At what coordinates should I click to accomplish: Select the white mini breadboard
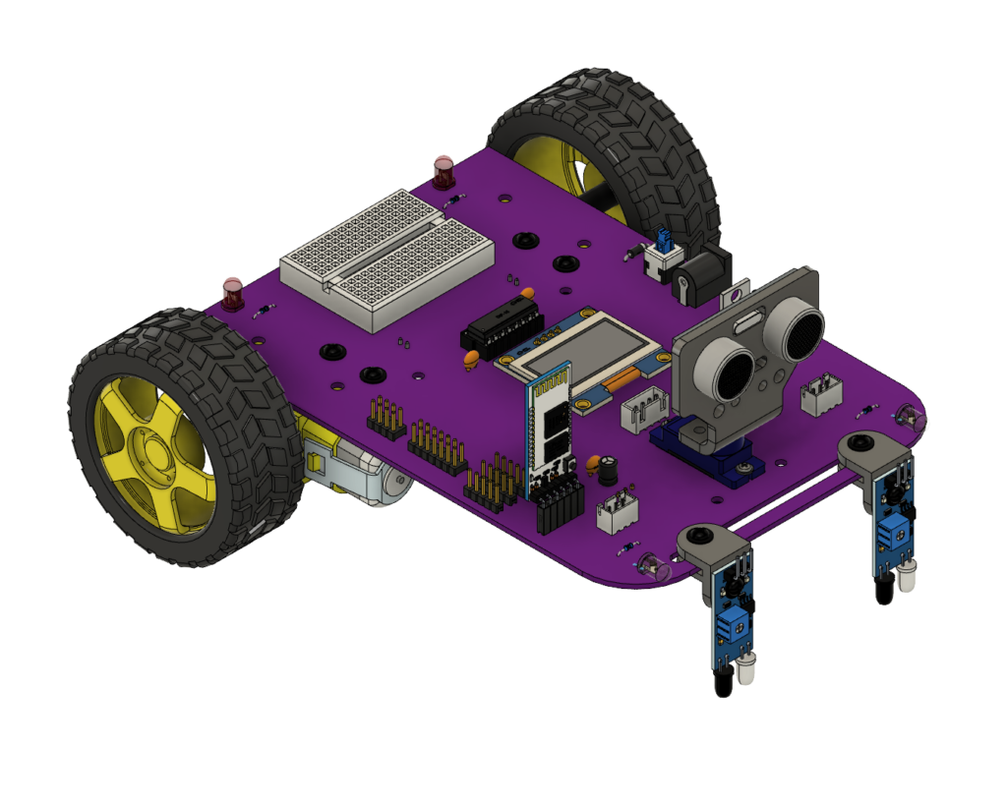(386, 257)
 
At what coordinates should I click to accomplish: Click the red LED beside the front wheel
(232, 293)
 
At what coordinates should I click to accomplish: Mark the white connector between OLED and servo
(647, 406)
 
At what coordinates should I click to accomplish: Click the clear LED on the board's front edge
(652, 565)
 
